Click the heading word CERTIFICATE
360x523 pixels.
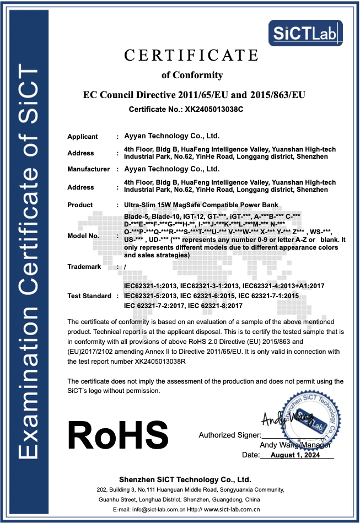tap(191, 56)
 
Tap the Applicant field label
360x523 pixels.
tap(83, 137)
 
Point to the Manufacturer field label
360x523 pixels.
tap(88, 169)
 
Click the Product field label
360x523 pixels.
tap(80, 205)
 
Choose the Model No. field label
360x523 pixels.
tap(83, 236)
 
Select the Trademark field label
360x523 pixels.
tap(84, 267)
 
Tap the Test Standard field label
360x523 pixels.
tap(89, 296)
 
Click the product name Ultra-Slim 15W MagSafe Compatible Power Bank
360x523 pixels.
tap(202, 205)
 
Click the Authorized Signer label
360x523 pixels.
tap(229, 435)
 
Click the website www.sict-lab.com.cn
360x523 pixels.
tap(232, 510)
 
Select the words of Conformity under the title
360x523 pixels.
tap(192, 75)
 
